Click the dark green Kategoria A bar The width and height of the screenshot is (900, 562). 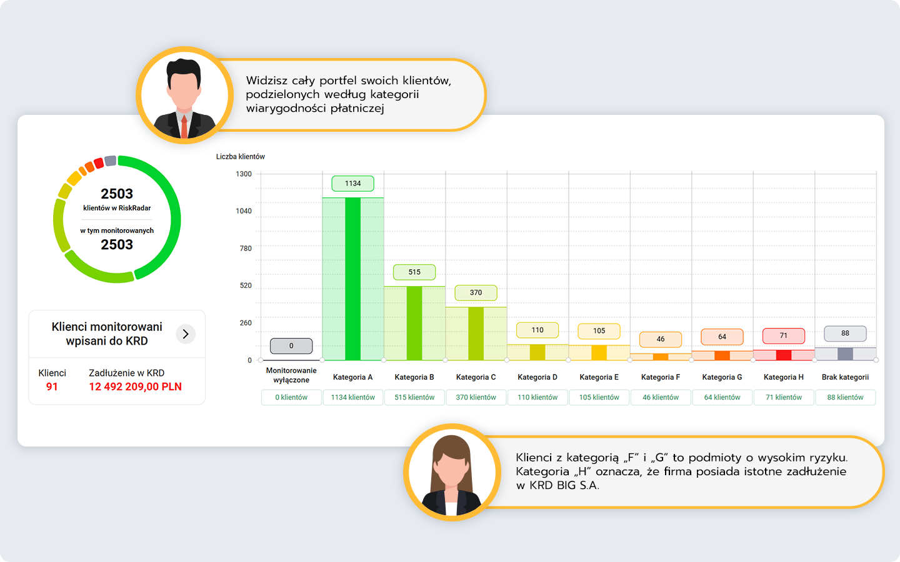coord(352,279)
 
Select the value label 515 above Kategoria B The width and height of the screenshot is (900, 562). coord(414,272)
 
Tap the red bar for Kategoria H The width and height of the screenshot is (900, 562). coord(784,355)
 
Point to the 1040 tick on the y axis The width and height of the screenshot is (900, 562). coord(244,211)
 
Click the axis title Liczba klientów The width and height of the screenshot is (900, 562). coord(241,157)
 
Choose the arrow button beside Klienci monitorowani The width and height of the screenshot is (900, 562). coord(186,334)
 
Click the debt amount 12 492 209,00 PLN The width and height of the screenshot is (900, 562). coord(135,387)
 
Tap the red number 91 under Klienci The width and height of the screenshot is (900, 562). coord(52,387)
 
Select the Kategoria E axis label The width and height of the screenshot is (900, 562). coord(599,377)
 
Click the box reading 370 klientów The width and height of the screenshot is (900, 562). coord(476,398)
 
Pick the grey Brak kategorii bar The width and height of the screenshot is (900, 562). coord(845,354)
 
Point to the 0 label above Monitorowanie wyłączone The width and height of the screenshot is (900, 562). coord(291,346)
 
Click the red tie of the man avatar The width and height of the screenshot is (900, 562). coord(184,126)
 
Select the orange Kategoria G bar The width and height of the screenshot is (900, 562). coord(722,355)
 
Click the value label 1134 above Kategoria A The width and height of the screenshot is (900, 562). coord(352,184)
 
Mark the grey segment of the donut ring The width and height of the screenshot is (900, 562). coord(111,161)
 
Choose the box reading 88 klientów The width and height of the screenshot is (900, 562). coord(845,398)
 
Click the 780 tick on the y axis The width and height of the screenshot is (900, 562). coord(246,249)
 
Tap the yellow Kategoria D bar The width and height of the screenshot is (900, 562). coord(537,352)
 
